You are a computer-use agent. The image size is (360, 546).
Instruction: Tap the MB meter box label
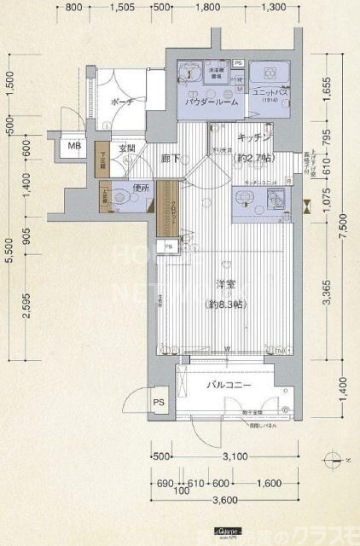click(x=74, y=146)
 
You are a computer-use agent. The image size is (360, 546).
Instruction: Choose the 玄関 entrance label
click(x=126, y=149)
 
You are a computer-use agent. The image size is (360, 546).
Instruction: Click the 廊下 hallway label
click(x=170, y=158)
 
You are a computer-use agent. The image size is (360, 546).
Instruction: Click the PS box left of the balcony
click(x=158, y=402)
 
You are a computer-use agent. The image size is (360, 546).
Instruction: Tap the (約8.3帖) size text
click(x=226, y=305)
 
